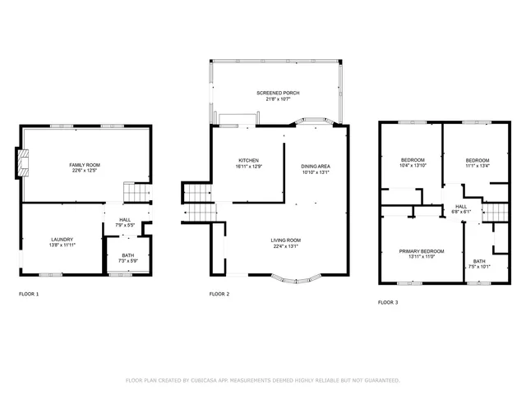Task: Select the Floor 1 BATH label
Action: pyautogui.click(x=127, y=255)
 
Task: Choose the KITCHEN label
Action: pyautogui.click(x=249, y=160)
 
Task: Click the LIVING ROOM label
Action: pyautogui.click(x=286, y=240)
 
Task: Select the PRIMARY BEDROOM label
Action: pyautogui.click(x=421, y=251)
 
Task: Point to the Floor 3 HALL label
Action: pyautogui.click(x=460, y=206)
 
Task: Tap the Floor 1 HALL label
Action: pyautogui.click(x=125, y=220)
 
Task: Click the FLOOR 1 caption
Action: pyautogui.click(x=29, y=294)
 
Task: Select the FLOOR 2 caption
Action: pyautogui.click(x=219, y=294)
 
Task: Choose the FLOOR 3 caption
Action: pyautogui.click(x=388, y=303)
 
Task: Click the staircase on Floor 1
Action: pyautogui.click(x=136, y=195)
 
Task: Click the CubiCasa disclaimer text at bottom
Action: pyautogui.click(x=262, y=380)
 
